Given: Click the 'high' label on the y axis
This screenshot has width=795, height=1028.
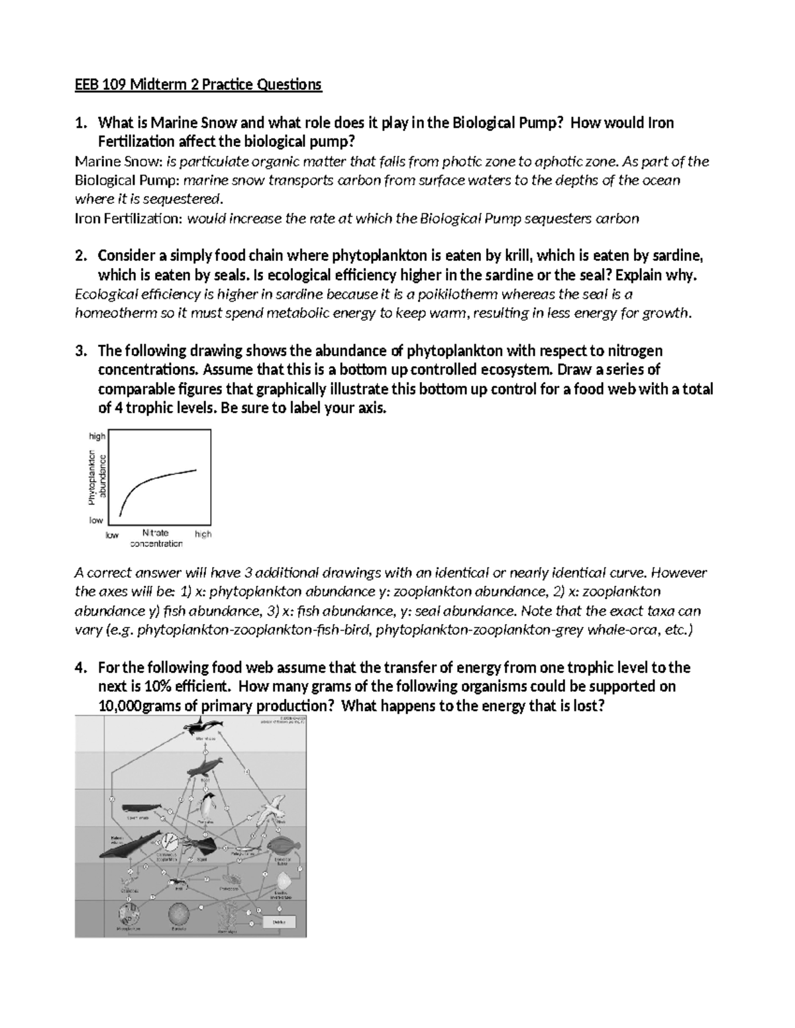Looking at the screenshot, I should (x=97, y=436).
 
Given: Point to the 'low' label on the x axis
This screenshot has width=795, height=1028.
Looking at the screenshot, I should (x=112, y=534).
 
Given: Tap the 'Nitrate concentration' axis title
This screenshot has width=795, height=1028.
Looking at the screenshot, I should (x=156, y=538).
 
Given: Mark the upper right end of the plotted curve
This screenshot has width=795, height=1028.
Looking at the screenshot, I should (x=196, y=470).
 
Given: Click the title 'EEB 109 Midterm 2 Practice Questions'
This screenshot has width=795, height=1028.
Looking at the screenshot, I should (x=197, y=85).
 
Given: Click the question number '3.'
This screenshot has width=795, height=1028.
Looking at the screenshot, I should (x=81, y=350).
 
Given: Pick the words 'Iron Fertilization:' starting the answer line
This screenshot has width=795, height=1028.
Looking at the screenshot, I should (x=128, y=218).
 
